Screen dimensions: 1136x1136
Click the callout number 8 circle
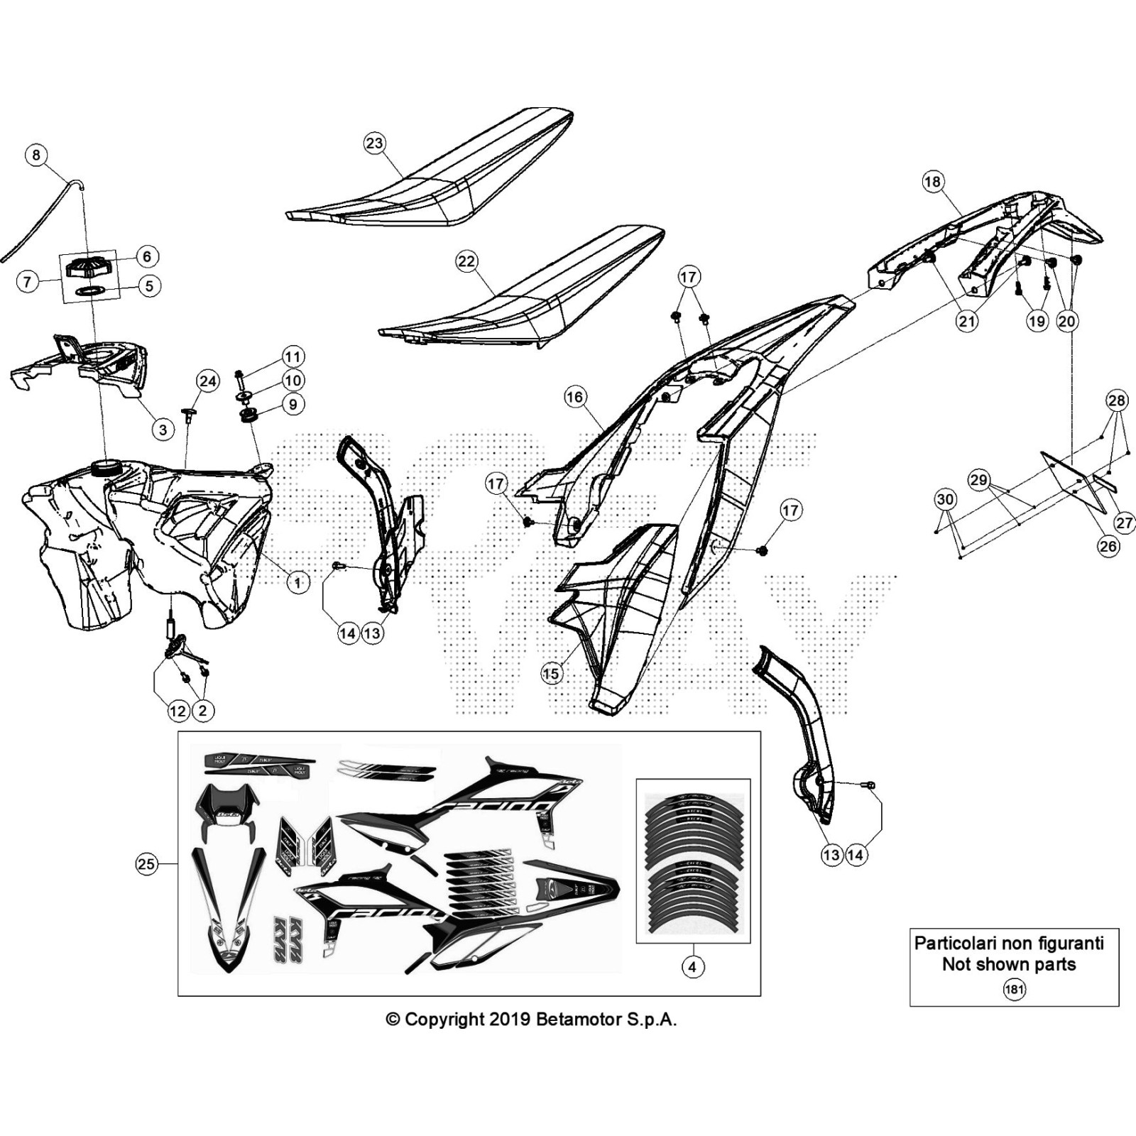(36, 155)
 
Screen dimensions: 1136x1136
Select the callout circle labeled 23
(374, 143)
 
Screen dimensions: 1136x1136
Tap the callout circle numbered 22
(466, 261)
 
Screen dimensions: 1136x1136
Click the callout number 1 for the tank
(298, 583)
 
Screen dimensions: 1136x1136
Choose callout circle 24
(207, 382)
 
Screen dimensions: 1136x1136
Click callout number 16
(575, 396)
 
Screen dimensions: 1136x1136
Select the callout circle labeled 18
(932, 182)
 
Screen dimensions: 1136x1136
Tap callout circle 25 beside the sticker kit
(146, 864)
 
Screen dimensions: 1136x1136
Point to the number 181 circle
(1014, 988)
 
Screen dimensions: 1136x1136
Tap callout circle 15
(552, 673)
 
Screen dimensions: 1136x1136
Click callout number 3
(163, 429)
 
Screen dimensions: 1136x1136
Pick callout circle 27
(1125, 524)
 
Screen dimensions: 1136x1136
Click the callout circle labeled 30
(945, 500)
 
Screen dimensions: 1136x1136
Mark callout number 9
(293, 404)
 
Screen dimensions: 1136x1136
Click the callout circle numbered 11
(293, 356)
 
